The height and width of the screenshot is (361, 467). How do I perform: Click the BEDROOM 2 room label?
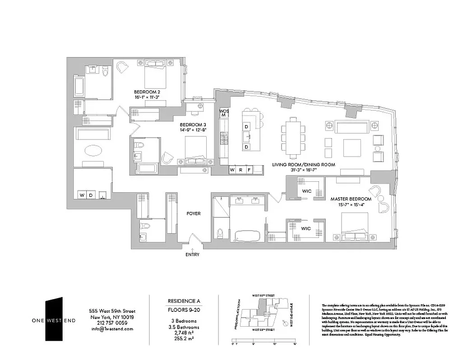coord(147,92)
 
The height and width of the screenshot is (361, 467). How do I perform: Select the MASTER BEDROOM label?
coord(351,199)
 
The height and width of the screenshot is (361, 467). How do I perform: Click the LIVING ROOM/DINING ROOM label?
coord(303,165)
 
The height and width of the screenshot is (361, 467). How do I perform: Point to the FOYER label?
coord(194,213)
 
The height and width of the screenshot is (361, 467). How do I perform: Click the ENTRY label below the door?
coord(193,255)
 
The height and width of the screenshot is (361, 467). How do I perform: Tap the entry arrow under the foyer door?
coord(193,248)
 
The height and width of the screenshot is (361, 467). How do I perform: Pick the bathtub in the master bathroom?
coord(247,236)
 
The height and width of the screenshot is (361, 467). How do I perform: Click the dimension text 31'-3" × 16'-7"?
coord(303,171)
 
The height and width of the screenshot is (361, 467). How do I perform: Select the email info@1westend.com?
coord(112,329)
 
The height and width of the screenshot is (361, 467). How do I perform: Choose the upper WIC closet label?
coord(307,191)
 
